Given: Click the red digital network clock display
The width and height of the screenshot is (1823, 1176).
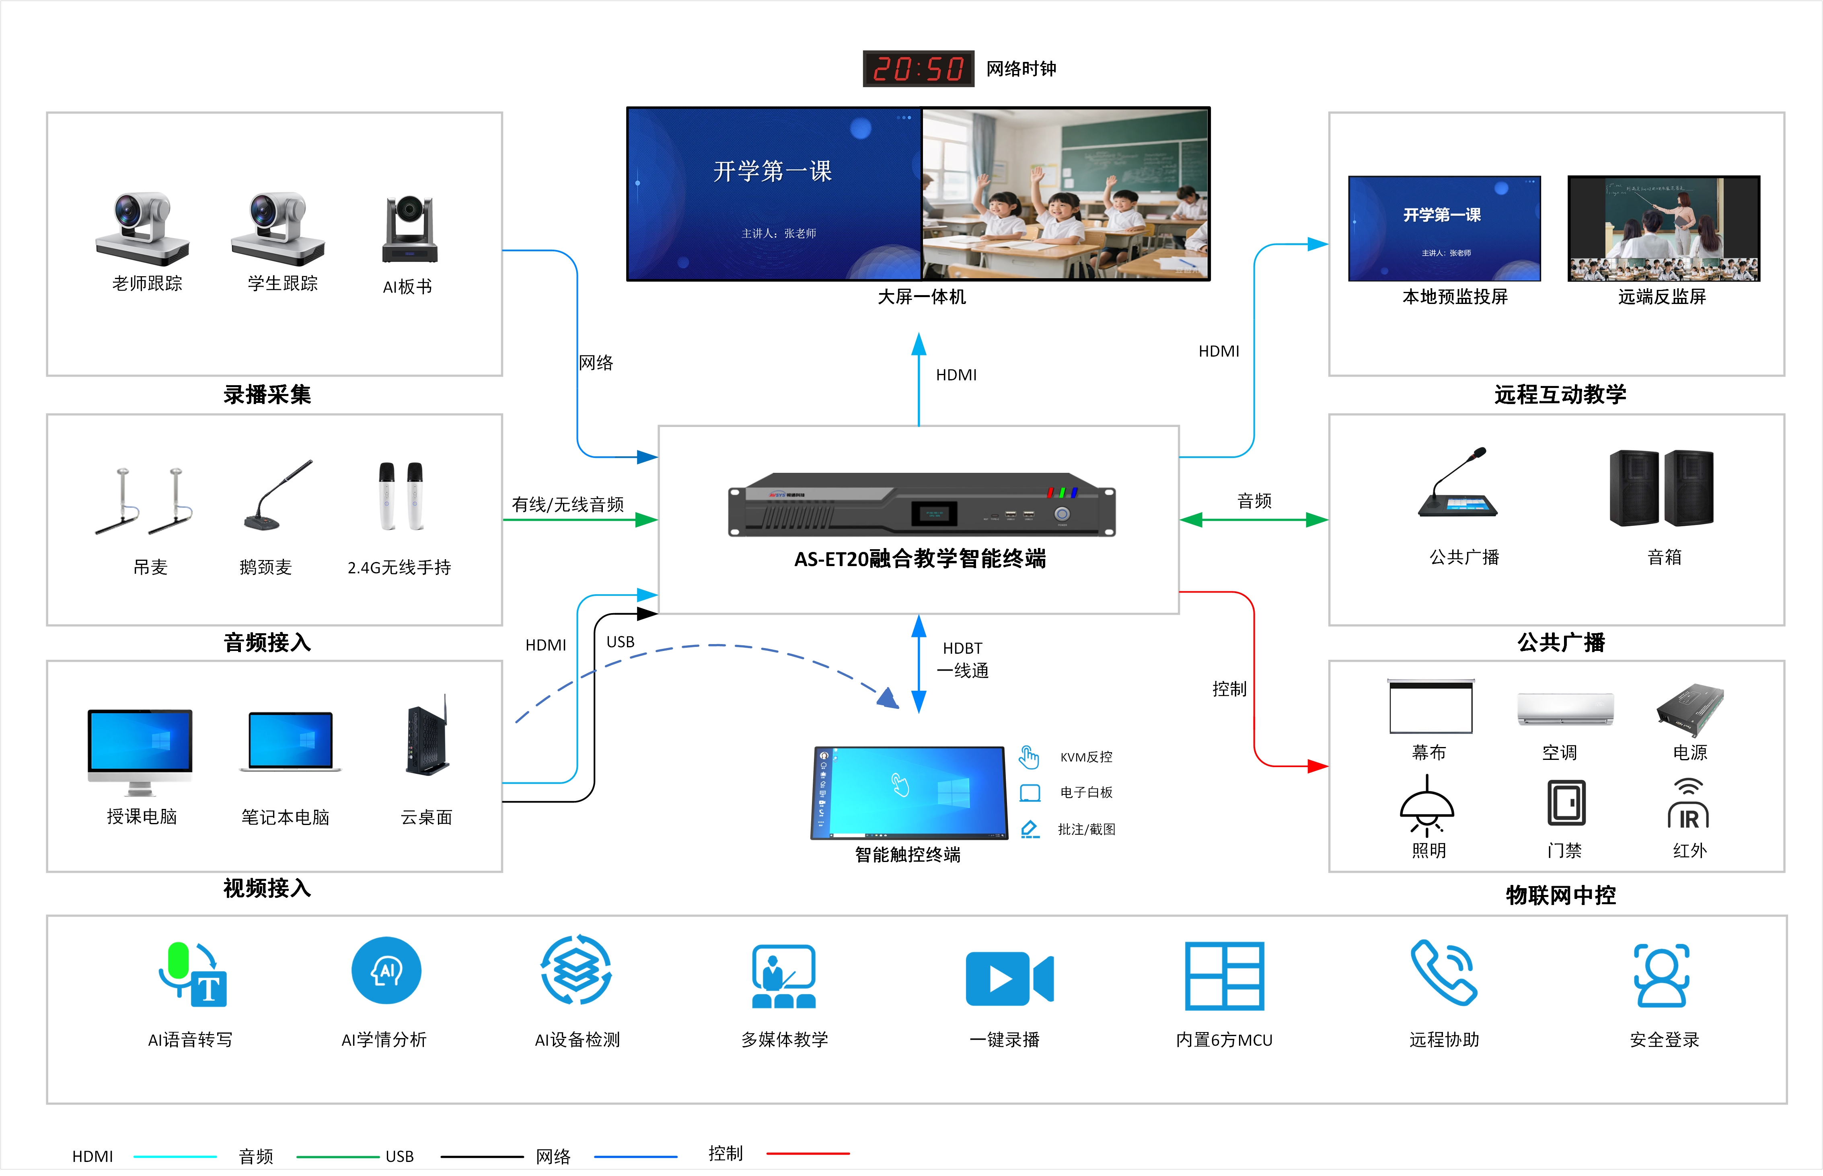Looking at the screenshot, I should coord(918,69).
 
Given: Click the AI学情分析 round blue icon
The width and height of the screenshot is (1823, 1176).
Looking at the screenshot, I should coord(386,971).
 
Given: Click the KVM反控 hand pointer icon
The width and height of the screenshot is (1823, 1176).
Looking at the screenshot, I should coord(1029,757).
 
